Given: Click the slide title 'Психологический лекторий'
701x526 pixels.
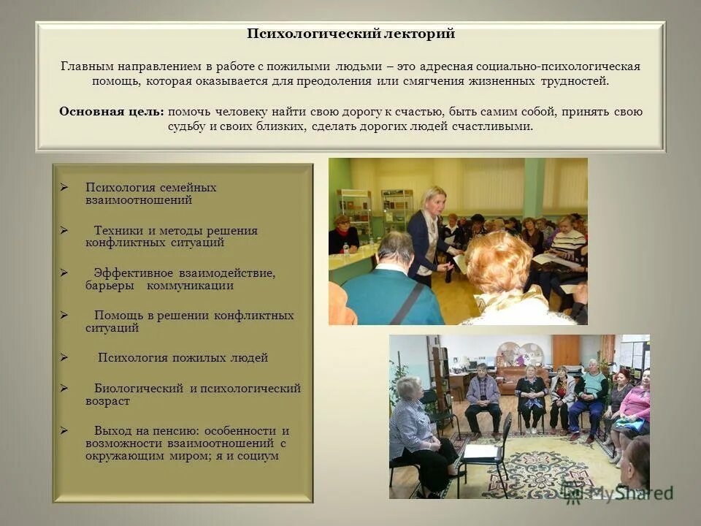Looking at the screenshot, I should (350, 34).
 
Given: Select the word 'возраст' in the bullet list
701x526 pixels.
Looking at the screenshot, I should (107, 401).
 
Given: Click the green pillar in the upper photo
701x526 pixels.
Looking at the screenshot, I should (533, 187).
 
